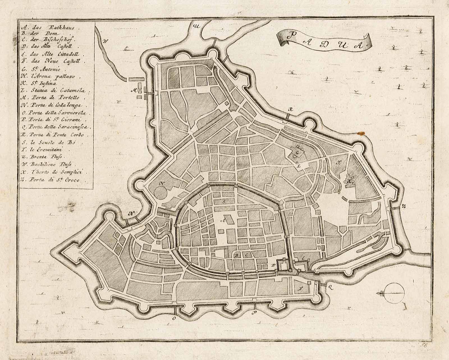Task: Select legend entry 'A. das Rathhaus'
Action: pyautogui.click(x=51, y=28)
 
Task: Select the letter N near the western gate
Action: pyautogui.click(x=130, y=213)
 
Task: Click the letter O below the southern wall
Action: pyautogui.click(x=174, y=318)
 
